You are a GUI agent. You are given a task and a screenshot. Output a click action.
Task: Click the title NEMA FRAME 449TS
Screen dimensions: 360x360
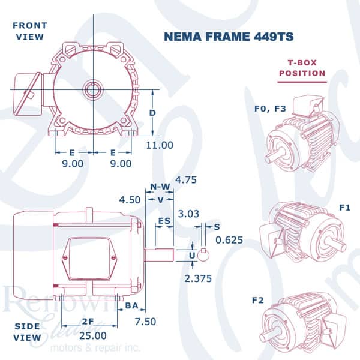coord(229,37)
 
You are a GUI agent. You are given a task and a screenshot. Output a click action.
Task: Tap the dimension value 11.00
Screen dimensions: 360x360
coord(160,145)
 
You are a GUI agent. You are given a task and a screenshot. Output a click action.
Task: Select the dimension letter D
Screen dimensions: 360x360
coord(153,113)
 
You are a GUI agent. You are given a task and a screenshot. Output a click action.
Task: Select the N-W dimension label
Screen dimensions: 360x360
coord(160,187)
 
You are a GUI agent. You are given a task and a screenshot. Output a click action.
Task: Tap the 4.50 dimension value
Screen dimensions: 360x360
coord(130,199)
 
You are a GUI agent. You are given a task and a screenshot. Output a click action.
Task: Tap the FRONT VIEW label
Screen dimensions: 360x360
coord(28,31)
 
